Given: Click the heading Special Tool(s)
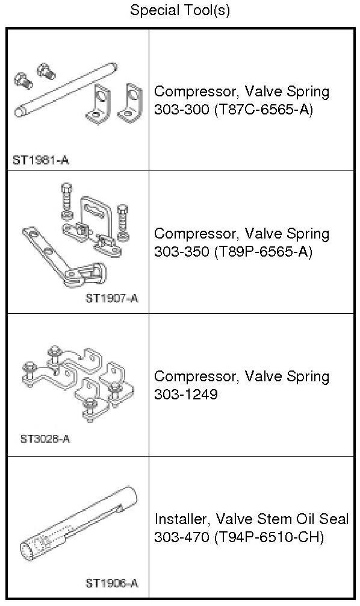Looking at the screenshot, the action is point(179,10).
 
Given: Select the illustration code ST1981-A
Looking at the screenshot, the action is point(40,160).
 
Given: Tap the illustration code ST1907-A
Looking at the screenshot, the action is point(112,298).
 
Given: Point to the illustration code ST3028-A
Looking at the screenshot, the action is point(45,439).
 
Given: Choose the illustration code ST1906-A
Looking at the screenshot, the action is point(111,583).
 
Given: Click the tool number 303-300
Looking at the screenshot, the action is point(181,110).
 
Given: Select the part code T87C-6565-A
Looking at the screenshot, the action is point(263,110).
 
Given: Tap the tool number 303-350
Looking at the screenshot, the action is point(181,252).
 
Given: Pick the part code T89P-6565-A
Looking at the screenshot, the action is point(263,252).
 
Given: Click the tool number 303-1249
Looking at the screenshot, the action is point(186,395).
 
